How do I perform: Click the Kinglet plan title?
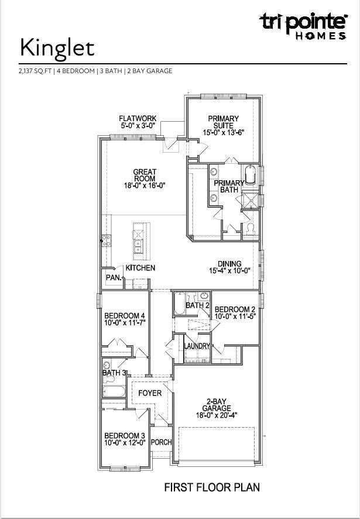(x=57, y=48)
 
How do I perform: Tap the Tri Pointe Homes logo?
(x=303, y=26)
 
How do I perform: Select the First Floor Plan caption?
(x=212, y=487)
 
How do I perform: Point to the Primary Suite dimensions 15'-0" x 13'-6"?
(x=223, y=132)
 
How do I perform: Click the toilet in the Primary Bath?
(x=250, y=229)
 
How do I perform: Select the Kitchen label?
(x=140, y=268)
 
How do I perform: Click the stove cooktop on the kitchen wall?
(x=107, y=240)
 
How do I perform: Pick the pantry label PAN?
(x=114, y=278)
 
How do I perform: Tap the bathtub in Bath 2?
(x=180, y=303)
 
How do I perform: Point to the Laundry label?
(x=197, y=346)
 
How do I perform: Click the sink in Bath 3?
(x=107, y=366)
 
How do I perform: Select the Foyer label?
(x=150, y=393)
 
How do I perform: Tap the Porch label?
(x=162, y=442)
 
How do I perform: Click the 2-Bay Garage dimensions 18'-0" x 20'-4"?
(x=217, y=415)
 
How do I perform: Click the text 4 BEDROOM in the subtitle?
(x=76, y=71)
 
